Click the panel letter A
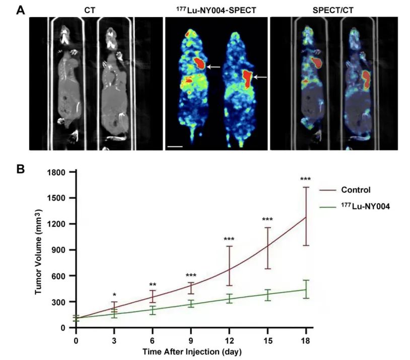pyautogui.click(x=21, y=10)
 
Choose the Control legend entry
pyautogui.click(x=356, y=190)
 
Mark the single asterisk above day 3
pyautogui.click(x=114, y=296)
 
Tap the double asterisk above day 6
pyautogui.click(x=153, y=285)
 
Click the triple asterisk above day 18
pyautogui.click(x=306, y=179)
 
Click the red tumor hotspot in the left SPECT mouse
pyautogui.click(x=199, y=63)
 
